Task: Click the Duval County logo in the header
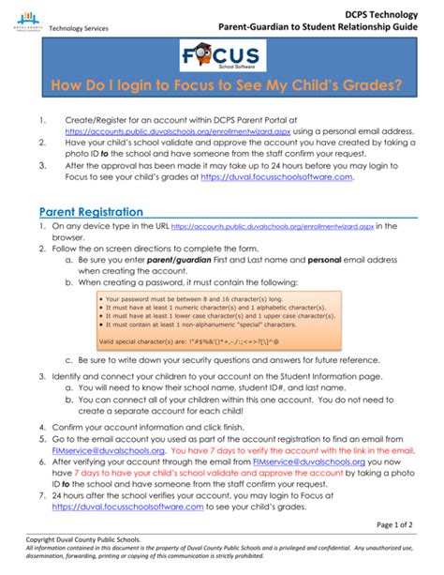tap(30, 20)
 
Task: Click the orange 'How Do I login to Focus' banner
tap(222, 86)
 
